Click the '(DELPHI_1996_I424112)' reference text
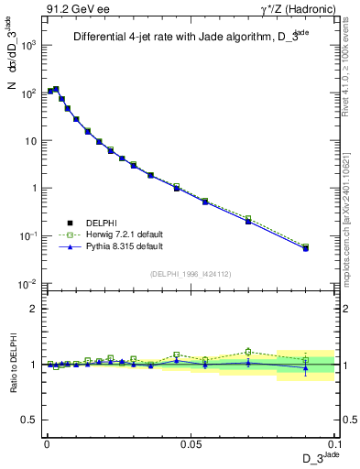pyautogui.click(x=191, y=272)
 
